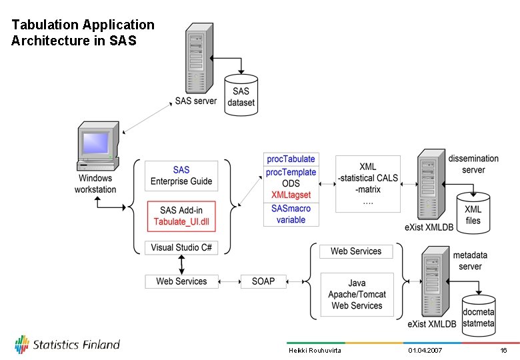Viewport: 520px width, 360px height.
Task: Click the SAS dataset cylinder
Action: [241, 96]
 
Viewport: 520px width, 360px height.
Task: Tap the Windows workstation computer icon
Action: [97, 146]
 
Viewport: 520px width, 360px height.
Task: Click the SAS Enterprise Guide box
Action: [181, 176]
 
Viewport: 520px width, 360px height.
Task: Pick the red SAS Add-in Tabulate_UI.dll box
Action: [181, 217]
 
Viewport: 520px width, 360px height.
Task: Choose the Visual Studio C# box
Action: [181, 247]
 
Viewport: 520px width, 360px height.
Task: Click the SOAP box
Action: [263, 281]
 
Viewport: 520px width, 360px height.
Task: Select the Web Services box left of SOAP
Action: [181, 281]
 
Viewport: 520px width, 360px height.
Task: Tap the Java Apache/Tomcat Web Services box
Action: [357, 294]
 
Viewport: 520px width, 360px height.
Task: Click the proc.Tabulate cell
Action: [291, 159]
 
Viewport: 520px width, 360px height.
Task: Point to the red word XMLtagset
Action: [291, 195]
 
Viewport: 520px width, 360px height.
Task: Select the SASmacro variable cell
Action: [291, 214]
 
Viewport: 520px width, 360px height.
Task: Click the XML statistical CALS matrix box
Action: [368, 183]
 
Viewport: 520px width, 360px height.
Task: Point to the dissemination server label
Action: [473, 164]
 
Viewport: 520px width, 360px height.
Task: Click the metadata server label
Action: [470, 261]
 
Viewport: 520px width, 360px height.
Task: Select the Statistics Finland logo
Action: [67, 345]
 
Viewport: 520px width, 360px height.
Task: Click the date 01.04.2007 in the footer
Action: [425, 351]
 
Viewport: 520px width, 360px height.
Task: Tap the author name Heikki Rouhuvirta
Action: [315, 351]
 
